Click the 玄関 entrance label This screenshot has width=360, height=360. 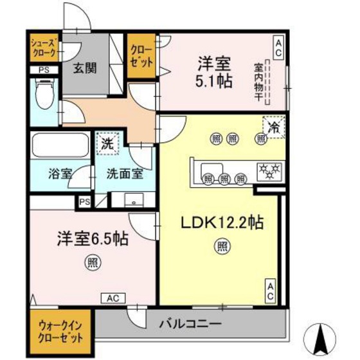point(84,67)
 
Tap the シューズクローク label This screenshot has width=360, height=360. point(44,49)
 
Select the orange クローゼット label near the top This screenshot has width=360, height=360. point(141,57)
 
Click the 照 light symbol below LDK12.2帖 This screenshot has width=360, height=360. point(221,246)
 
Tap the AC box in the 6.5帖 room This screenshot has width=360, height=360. point(112,298)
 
